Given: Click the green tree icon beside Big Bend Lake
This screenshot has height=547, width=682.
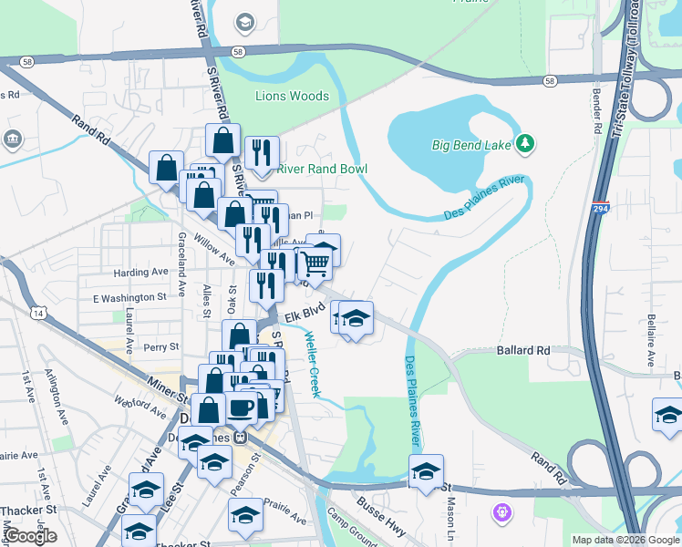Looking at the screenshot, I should click(525, 143).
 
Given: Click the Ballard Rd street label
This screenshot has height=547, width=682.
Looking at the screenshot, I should click(524, 350).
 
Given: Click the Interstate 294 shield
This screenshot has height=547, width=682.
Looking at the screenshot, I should click(600, 209).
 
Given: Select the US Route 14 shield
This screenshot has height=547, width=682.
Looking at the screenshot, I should click(37, 313).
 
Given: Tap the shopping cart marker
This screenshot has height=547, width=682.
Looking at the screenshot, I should click(315, 263).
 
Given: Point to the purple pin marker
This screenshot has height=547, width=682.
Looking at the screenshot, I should click(500, 513).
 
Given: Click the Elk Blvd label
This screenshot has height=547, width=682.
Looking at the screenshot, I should click(305, 316).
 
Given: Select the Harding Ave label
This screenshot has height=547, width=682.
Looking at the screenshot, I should click(141, 272).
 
